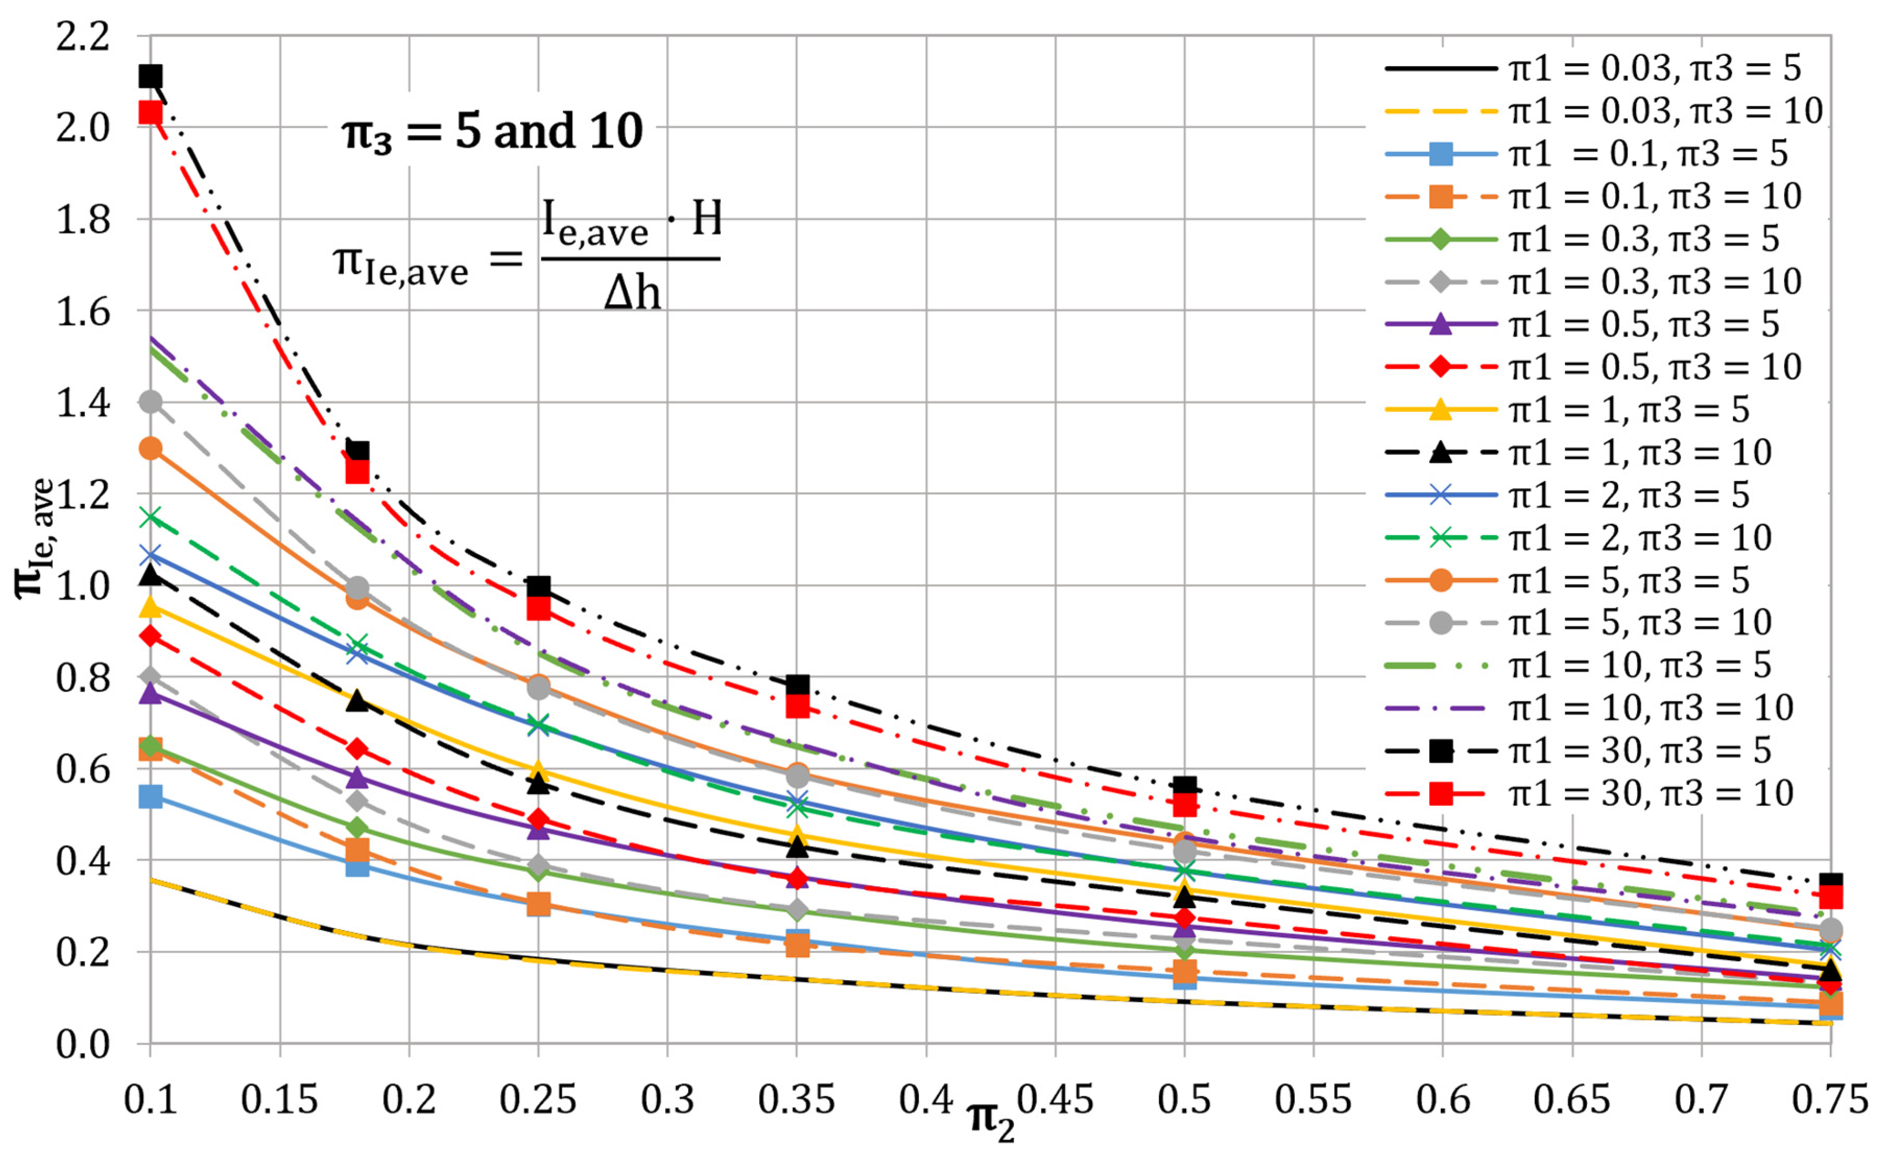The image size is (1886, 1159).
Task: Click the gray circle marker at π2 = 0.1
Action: (x=150, y=402)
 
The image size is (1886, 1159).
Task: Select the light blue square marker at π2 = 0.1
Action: (x=150, y=797)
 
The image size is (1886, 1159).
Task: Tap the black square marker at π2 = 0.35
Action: (x=797, y=684)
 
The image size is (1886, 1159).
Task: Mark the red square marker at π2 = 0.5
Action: (x=1185, y=805)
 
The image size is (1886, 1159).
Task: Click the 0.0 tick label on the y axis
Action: (x=83, y=1044)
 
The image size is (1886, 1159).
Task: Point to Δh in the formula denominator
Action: (x=632, y=293)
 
